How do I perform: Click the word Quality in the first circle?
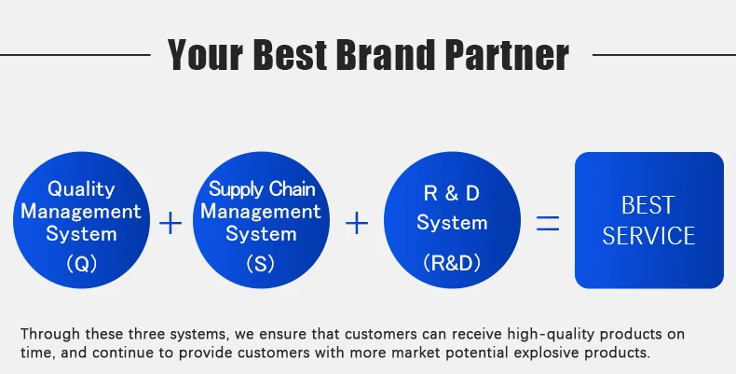81,188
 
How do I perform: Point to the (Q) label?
81,264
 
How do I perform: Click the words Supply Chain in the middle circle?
262,189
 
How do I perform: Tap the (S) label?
261,264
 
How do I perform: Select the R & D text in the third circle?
452,194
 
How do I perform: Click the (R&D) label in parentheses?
452,264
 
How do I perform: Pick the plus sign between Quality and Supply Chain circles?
170,224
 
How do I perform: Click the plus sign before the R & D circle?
357,224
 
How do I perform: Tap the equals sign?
547,224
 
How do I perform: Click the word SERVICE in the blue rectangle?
648,235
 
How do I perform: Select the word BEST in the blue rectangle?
648,205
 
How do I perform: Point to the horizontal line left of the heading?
75,55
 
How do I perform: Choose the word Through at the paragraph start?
48,334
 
